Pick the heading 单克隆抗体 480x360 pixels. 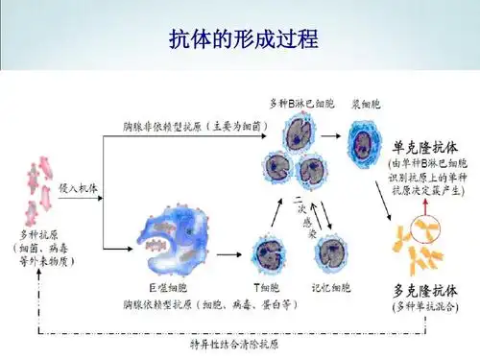(x=425, y=148)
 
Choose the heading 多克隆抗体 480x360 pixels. (x=425, y=289)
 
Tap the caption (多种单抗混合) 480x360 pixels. (x=425, y=306)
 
